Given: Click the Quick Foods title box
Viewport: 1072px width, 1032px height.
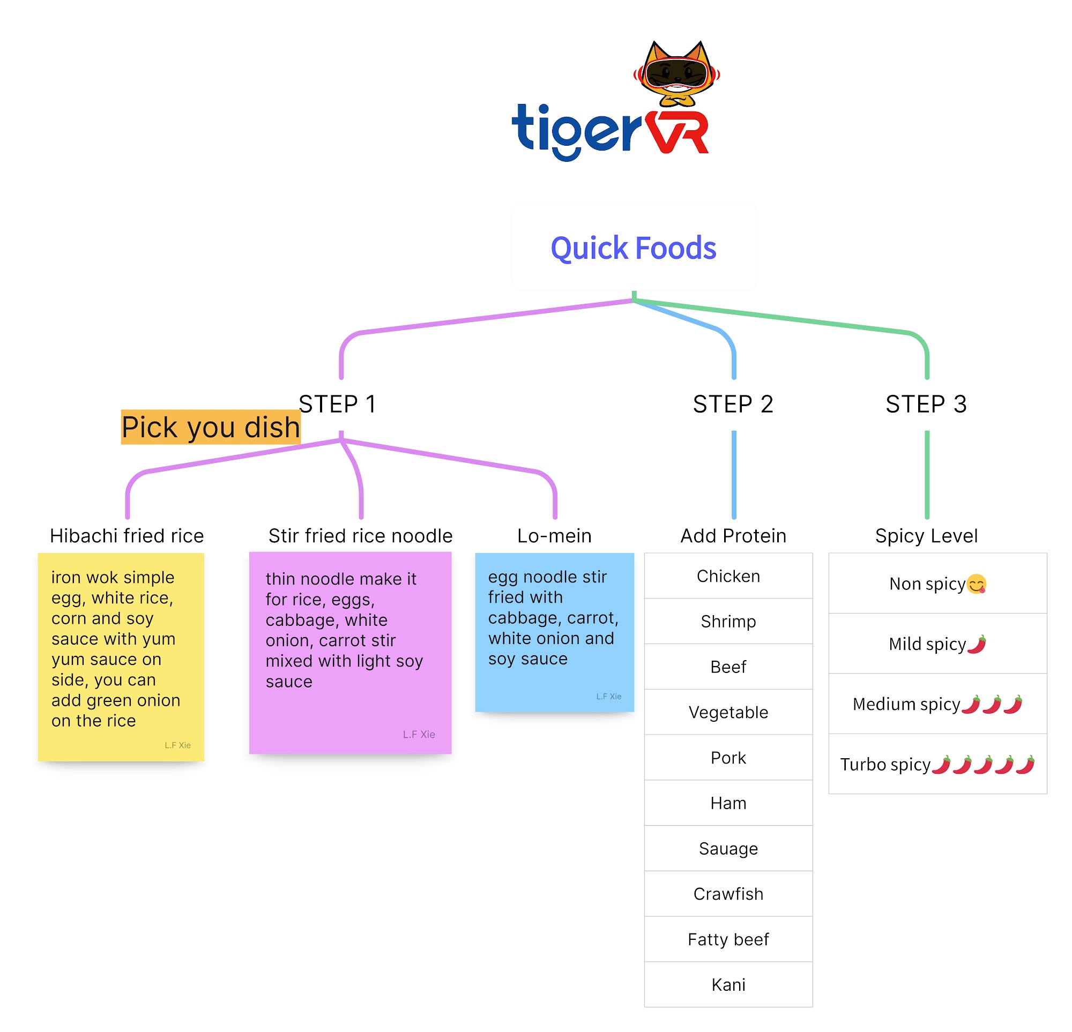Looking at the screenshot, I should [633, 248].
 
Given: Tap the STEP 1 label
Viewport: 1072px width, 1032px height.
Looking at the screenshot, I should [338, 404].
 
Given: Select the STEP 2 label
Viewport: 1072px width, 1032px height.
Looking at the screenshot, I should [733, 404].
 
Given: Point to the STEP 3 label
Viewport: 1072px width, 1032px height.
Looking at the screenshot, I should [926, 404].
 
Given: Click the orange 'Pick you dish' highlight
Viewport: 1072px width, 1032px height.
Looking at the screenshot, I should [211, 427].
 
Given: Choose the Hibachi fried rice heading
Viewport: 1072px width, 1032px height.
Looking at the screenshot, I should [127, 535].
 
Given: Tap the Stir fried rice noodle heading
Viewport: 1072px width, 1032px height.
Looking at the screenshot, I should [360, 535].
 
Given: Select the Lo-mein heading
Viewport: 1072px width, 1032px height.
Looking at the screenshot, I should [554, 535].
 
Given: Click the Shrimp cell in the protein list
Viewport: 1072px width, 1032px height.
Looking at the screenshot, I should [728, 621].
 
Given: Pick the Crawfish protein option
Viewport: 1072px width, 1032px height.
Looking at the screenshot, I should [728, 894].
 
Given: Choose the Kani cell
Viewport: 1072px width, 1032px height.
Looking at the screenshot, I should [728, 984].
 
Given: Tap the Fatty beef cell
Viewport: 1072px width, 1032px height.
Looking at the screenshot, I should [728, 939].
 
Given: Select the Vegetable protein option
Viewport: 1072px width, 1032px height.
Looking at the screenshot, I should [728, 712].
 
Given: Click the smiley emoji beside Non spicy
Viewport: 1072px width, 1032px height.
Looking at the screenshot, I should [976, 584].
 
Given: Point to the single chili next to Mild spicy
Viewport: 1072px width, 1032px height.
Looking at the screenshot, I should [976, 644].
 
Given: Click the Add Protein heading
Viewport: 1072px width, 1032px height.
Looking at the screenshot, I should [733, 535].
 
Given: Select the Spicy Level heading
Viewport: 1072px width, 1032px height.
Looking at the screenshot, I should [926, 535].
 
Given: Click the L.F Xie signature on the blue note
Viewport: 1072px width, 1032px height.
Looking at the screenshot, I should [608, 696].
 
